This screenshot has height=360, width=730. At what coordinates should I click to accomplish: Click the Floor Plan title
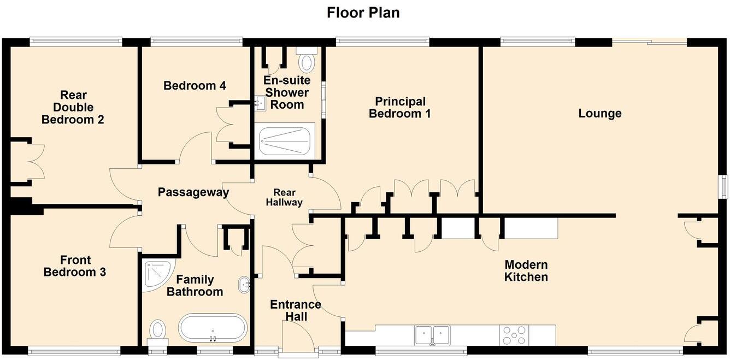pyautogui.click(x=363, y=13)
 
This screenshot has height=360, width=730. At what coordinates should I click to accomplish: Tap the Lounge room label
pyautogui.click(x=599, y=114)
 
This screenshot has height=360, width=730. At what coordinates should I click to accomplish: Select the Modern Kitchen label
pyautogui.click(x=526, y=271)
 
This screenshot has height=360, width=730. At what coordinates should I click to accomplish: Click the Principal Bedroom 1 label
pyautogui.click(x=399, y=108)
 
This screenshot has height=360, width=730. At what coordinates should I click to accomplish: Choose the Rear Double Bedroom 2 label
pyautogui.click(x=73, y=108)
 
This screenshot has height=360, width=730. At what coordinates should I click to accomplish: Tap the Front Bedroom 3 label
pyautogui.click(x=75, y=266)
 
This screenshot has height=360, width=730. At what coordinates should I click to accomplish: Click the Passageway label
pyautogui.click(x=193, y=192)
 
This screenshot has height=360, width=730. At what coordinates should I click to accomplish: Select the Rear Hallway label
pyautogui.click(x=284, y=197)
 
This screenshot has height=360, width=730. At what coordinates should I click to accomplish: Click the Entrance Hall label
pyautogui.click(x=295, y=310)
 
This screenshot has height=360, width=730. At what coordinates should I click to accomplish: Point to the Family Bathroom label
pyautogui.click(x=195, y=285)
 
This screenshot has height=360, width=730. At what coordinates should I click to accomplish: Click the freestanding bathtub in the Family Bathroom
pyautogui.click(x=213, y=328)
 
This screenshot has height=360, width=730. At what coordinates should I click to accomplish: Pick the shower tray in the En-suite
pyautogui.click(x=285, y=141)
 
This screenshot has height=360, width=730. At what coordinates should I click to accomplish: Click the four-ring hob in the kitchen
pyautogui.click(x=514, y=335)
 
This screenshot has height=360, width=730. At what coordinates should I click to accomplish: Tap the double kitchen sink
pyautogui.click(x=432, y=334)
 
